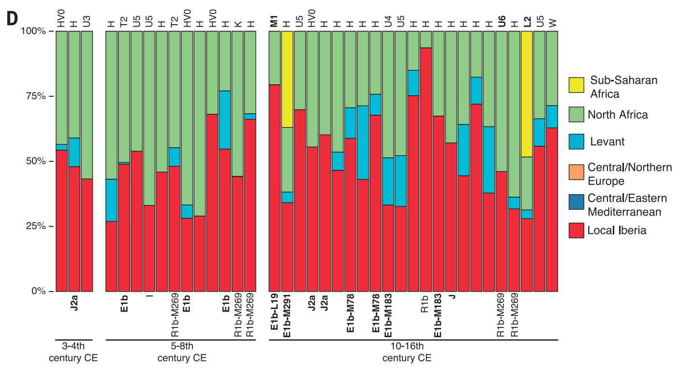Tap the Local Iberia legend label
[x=617, y=231]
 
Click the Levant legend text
[x=607, y=141]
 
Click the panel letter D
[x=11, y=18]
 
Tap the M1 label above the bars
[x=274, y=21]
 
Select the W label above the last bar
[x=552, y=22]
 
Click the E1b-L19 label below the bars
[x=274, y=315]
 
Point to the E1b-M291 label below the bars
[x=287, y=317]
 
